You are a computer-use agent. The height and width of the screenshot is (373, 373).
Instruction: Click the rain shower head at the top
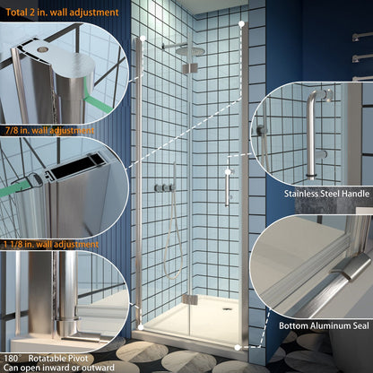[189, 50]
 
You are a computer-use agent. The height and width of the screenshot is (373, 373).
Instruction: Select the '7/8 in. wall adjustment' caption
[49, 131]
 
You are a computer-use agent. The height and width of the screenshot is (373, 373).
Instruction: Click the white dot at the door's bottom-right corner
[237, 345]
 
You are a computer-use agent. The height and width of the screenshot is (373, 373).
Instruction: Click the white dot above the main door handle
[228, 171]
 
